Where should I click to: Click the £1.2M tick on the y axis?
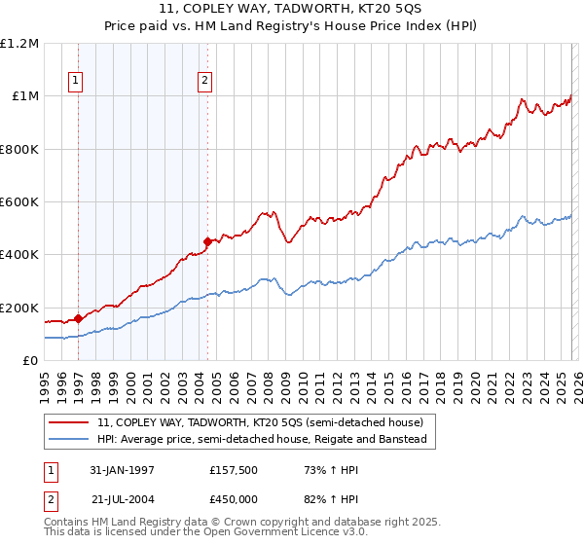pos(19,44)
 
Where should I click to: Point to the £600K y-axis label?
pos(19,202)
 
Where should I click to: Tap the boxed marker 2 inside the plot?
pos(205,82)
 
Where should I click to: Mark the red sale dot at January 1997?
pos(78,318)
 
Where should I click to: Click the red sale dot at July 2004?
pos(207,241)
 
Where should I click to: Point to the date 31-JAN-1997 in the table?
pos(122,470)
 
